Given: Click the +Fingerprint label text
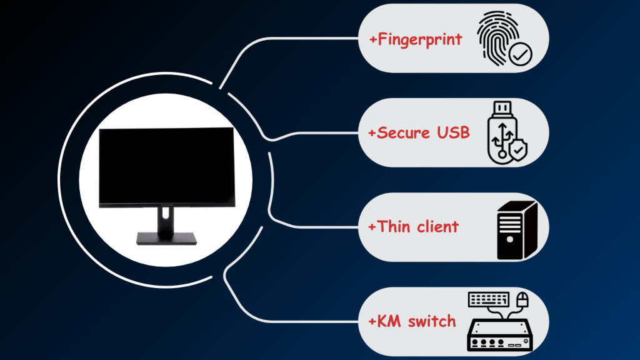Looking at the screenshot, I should pyautogui.click(x=416, y=39).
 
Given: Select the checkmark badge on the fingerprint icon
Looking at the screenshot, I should pyautogui.click(x=520, y=55).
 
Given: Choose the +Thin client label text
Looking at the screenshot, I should pyautogui.click(x=413, y=226).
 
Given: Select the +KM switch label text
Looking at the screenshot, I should pyautogui.click(x=412, y=321).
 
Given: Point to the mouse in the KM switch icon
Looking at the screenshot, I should pyautogui.click(x=522, y=299).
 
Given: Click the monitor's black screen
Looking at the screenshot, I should pyautogui.click(x=167, y=166).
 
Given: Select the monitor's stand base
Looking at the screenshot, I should pyautogui.click(x=166, y=238).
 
